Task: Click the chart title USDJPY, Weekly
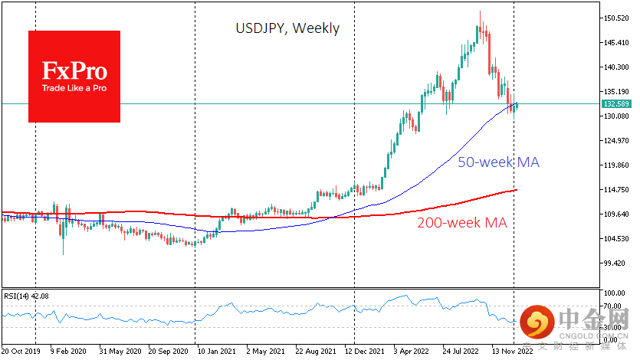287,28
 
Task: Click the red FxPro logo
74,76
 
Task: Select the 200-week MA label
462,223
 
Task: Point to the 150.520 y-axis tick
617,18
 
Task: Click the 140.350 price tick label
617,67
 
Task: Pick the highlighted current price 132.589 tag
617,103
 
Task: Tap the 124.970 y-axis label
617,141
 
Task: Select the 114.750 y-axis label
617,190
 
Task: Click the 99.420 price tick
617,263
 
